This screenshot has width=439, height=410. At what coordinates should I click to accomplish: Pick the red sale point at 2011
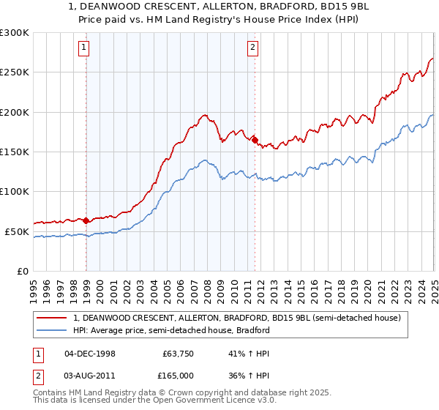click(x=255, y=140)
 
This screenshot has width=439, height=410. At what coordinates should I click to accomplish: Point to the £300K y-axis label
click(x=15, y=33)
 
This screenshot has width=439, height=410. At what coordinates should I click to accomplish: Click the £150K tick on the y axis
click(x=15, y=152)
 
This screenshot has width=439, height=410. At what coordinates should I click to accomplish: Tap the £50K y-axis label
click(x=17, y=231)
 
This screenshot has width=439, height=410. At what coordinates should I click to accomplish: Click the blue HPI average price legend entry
click(x=172, y=331)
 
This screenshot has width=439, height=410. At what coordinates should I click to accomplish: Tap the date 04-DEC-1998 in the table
click(x=89, y=353)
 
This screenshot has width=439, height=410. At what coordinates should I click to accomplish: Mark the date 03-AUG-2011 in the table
click(x=89, y=375)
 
